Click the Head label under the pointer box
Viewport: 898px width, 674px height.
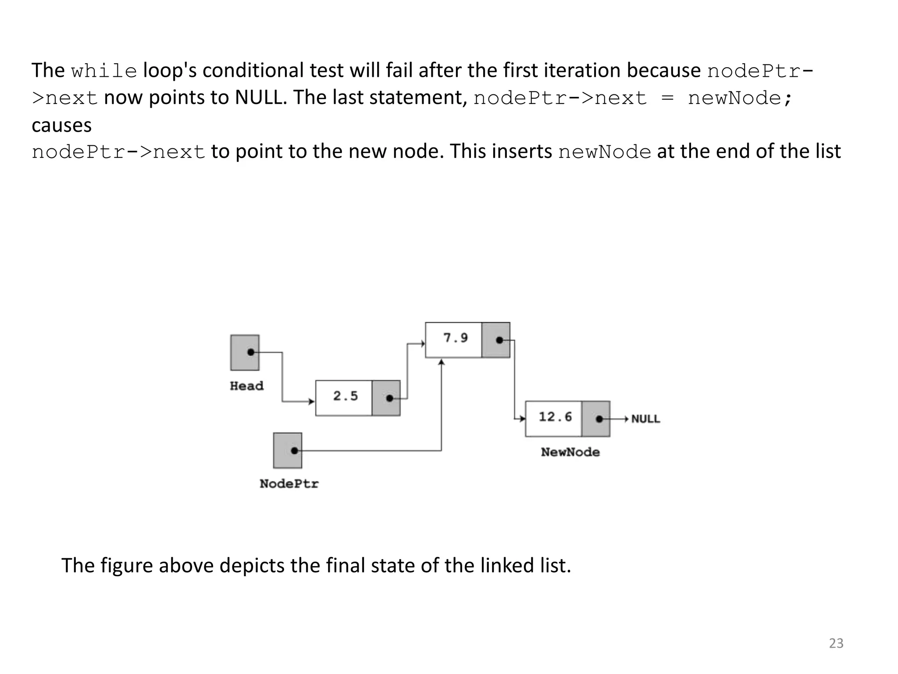click(x=246, y=386)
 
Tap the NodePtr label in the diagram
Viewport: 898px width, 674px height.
click(x=289, y=484)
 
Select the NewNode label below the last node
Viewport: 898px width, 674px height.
click(x=570, y=452)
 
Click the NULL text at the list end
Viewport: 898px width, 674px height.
click(x=645, y=419)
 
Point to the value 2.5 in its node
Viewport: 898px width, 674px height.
click(x=345, y=396)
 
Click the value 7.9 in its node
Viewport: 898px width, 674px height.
click(x=455, y=338)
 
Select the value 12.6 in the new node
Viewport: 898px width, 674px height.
click(x=555, y=416)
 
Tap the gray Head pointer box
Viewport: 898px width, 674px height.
click(x=245, y=352)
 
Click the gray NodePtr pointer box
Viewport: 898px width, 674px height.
click(x=288, y=450)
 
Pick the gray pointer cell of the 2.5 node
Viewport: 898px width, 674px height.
click(x=386, y=398)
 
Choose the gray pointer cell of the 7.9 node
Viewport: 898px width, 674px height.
click(x=495, y=340)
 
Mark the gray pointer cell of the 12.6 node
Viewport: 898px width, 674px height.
click(x=595, y=419)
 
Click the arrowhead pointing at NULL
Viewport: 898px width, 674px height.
click(x=627, y=419)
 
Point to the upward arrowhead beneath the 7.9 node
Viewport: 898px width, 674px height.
click(x=442, y=362)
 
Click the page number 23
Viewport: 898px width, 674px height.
click(x=836, y=643)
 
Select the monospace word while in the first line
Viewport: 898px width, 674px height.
click(x=104, y=71)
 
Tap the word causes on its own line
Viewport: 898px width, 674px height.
click(x=62, y=125)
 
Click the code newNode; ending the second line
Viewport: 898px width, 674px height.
click(x=740, y=98)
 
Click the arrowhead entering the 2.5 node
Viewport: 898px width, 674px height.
click(x=312, y=402)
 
